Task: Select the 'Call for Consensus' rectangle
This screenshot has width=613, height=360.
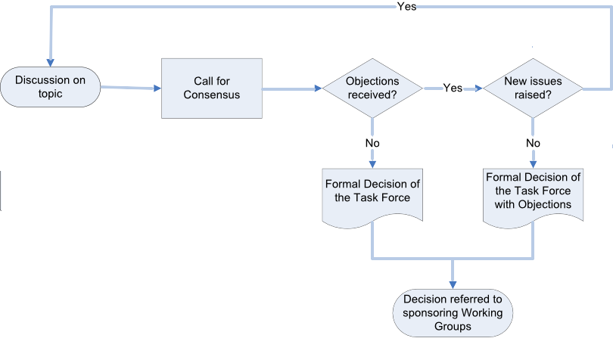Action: (x=211, y=88)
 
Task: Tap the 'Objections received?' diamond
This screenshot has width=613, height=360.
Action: (x=372, y=88)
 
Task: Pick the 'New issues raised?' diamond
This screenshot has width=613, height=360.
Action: (x=533, y=88)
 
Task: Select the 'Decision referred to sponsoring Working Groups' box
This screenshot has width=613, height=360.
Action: (x=453, y=312)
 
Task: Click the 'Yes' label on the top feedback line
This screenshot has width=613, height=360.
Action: (x=406, y=6)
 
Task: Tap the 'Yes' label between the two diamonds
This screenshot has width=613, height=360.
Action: (x=453, y=88)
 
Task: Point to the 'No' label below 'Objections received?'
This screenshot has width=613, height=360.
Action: (x=372, y=142)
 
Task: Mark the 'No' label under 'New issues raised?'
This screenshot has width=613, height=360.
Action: (x=533, y=142)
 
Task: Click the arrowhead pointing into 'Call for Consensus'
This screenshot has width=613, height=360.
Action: (x=157, y=88)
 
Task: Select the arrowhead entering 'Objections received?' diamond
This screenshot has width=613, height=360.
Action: (x=318, y=88)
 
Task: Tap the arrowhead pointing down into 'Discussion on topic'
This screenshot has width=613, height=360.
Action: (x=51, y=62)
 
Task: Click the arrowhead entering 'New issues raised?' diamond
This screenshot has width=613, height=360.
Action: (x=478, y=88)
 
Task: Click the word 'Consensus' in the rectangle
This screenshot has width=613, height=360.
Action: (x=211, y=95)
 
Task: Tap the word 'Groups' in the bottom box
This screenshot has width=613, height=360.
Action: (x=453, y=327)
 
